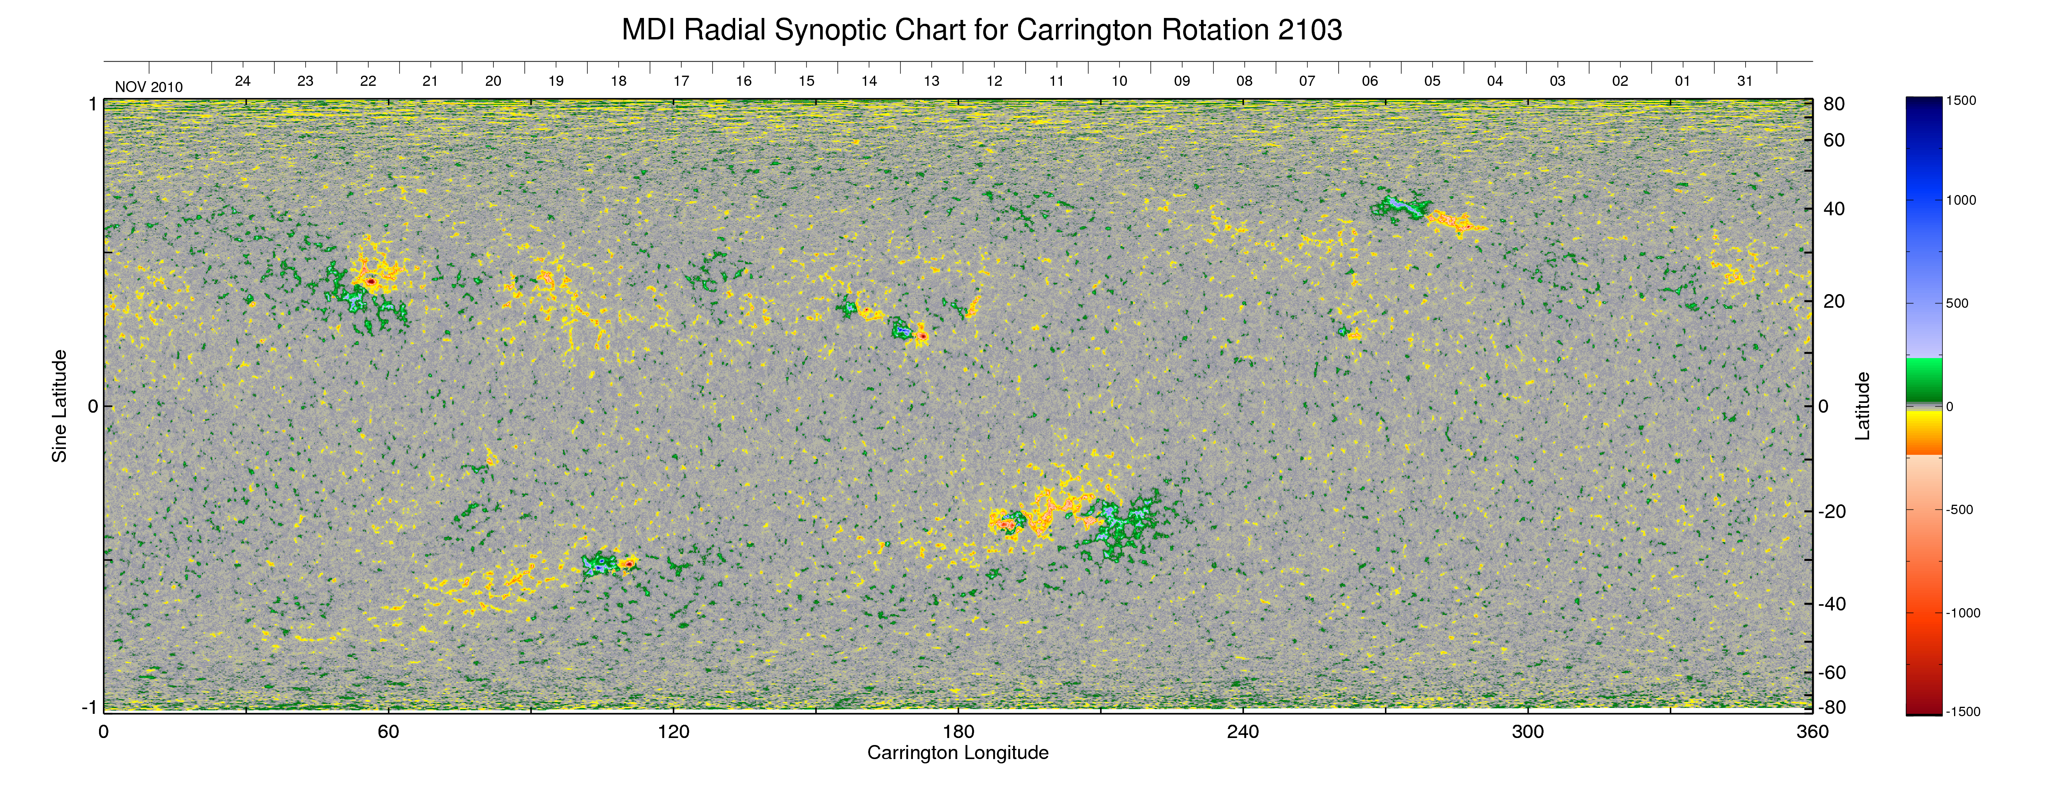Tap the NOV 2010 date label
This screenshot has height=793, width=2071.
click(149, 87)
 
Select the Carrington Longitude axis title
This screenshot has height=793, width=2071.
click(957, 753)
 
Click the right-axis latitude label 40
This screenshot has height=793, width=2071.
click(1834, 209)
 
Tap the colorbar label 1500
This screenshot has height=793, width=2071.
click(1961, 101)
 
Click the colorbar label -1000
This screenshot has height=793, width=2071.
click(1963, 613)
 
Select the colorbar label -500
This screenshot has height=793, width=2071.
click(1959, 510)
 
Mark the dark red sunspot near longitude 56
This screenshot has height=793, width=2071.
click(371, 282)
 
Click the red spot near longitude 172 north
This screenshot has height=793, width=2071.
click(923, 335)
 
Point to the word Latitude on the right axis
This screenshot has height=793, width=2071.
click(1862, 406)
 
